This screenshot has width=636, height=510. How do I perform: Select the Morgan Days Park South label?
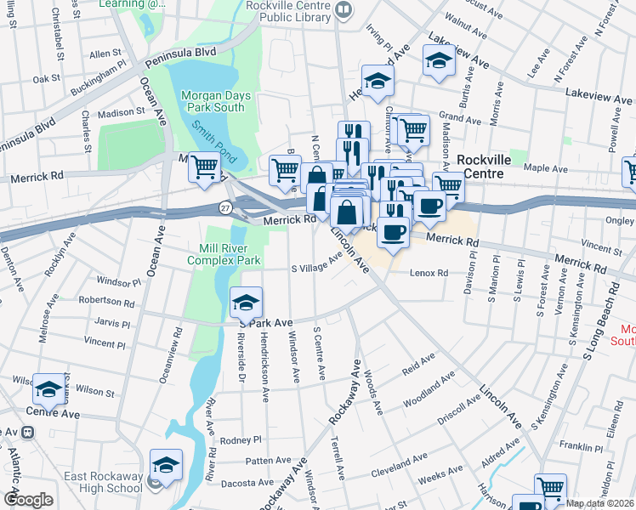217,101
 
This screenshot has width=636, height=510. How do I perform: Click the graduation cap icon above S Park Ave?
246,303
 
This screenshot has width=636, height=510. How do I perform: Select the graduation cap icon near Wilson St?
49,390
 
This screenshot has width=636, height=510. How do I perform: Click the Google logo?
28,500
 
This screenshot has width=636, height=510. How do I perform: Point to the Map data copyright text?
599,503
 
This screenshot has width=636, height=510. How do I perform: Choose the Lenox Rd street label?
429,273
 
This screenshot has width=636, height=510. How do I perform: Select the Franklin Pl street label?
580,446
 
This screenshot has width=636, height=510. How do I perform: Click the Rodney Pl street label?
239,440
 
